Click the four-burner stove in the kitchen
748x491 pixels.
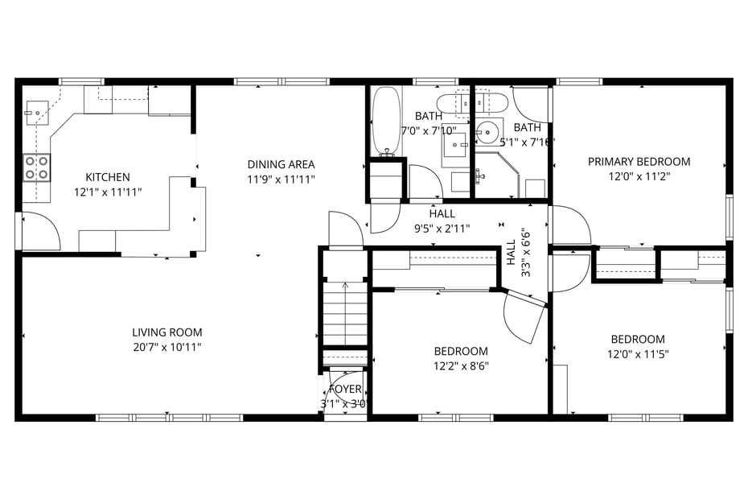tap(35, 167)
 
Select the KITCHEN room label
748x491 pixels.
tap(108, 177)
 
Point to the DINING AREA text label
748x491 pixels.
tap(281, 165)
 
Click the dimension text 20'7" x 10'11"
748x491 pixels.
tap(167, 347)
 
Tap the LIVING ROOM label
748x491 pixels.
tap(167, 332)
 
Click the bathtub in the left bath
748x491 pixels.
tap(387, 121)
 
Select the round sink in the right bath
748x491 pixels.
tap(487, 130)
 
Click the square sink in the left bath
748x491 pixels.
tap(456, 146)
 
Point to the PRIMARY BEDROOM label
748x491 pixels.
tap(639, 161)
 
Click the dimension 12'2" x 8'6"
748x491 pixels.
tap(461, 365)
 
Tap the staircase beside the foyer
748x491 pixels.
tap(345, 314)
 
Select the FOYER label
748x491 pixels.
tap(345, 390)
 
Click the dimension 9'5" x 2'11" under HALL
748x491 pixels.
tap(442, 228)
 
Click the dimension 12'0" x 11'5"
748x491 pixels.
tap(638, 353)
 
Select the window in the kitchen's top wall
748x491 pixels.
tap(82, 81)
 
